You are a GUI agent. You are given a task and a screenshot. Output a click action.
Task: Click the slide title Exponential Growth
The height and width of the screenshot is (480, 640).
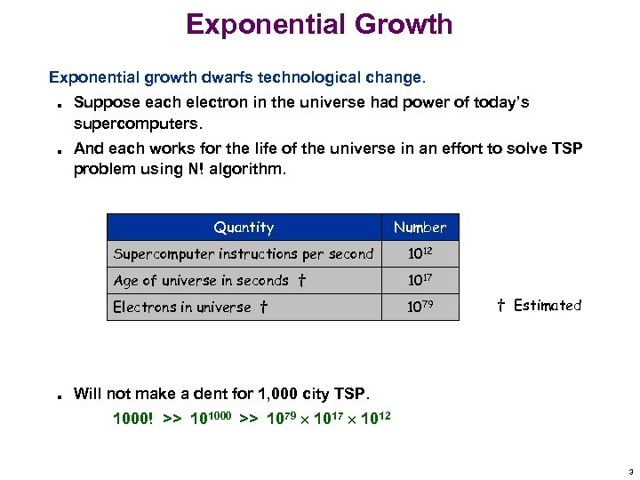point(319,24)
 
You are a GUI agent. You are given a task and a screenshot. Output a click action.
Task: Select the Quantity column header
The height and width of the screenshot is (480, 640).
point(244,228)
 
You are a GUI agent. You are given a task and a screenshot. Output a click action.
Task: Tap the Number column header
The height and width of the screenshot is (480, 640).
point(420,228)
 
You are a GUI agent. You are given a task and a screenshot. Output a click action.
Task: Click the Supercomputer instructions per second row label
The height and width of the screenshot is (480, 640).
point(243,254)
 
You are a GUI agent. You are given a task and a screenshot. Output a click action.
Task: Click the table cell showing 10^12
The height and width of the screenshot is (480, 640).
point(420,254)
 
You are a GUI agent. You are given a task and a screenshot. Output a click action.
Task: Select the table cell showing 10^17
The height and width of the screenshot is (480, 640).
point(420,281)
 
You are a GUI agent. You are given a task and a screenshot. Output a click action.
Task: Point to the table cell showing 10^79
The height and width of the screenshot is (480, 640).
point(420,307)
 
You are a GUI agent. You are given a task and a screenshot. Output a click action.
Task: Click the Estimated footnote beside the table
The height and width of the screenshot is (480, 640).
point(538,306)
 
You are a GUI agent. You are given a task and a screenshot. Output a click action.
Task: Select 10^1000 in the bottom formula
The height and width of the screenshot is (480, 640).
point(211,418)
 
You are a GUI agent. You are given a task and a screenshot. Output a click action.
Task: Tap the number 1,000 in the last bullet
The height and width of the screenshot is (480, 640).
point(271,394)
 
